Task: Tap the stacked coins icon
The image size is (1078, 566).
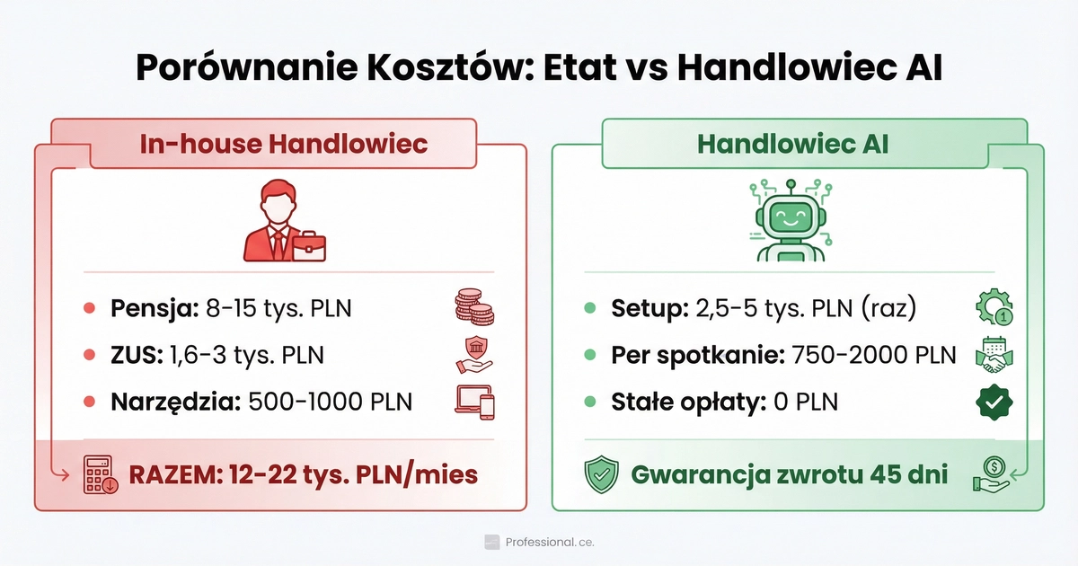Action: pyautogui.click(x=474, y=308)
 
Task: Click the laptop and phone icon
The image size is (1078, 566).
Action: pyautogui.click(x=475, y=402)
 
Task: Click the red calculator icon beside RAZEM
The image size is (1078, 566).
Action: pyautogui.click(x=98, y=474)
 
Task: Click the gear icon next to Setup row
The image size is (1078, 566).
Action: pyautogui.click(x=994, y=308)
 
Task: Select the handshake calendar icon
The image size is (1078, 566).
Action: pyautogui.click(x=994, y=355)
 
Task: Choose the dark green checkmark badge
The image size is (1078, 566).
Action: pyautogui.click(x=994, y=402)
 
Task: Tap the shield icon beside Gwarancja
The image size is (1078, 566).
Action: pyautogui.click(x=601, y=474)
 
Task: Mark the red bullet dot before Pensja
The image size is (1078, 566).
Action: pyautogui.click(x=89, y=308)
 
